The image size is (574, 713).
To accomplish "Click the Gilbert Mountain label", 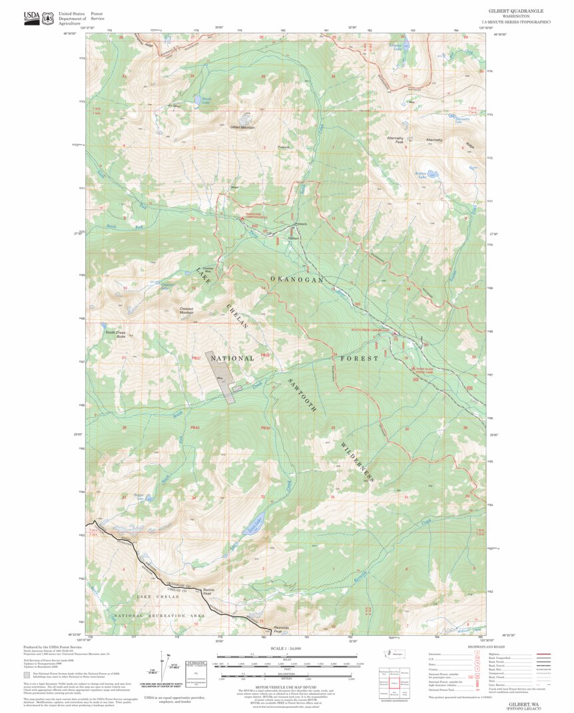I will click(x=242, y=127).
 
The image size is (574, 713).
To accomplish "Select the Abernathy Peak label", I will click(x=396, y=140).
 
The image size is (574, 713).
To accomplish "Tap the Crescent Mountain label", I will click(x=191, y=309).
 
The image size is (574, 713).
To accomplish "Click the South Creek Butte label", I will click(x=115, y=335).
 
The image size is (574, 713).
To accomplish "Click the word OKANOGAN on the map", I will click(x=297, y=279).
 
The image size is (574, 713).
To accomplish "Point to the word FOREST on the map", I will click(x=360, y=358).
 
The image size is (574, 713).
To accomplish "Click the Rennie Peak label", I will click(x=209, y=591).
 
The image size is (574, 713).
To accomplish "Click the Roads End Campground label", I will click(x=253, y=217).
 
